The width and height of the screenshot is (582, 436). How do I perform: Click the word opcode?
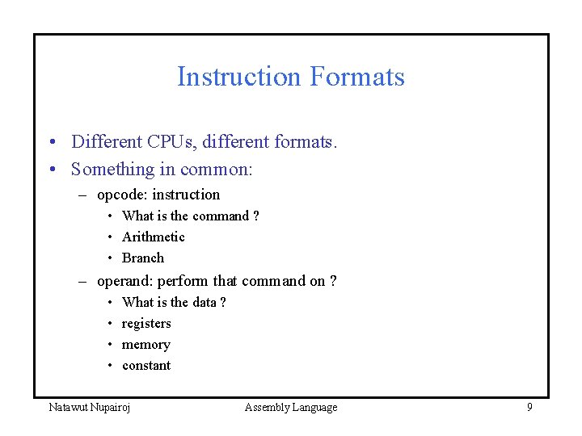122,195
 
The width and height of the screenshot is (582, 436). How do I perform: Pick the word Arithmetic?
153,237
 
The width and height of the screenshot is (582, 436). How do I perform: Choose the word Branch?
142,258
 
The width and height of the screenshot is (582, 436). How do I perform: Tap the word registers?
146,323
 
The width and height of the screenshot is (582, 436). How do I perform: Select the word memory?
145,344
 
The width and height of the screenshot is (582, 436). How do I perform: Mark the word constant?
146,365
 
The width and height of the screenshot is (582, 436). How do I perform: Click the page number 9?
529,407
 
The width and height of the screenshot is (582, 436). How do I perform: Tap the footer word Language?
315,407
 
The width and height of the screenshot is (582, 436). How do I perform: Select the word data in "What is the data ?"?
205,302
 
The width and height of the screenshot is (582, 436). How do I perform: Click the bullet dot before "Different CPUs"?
51,143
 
